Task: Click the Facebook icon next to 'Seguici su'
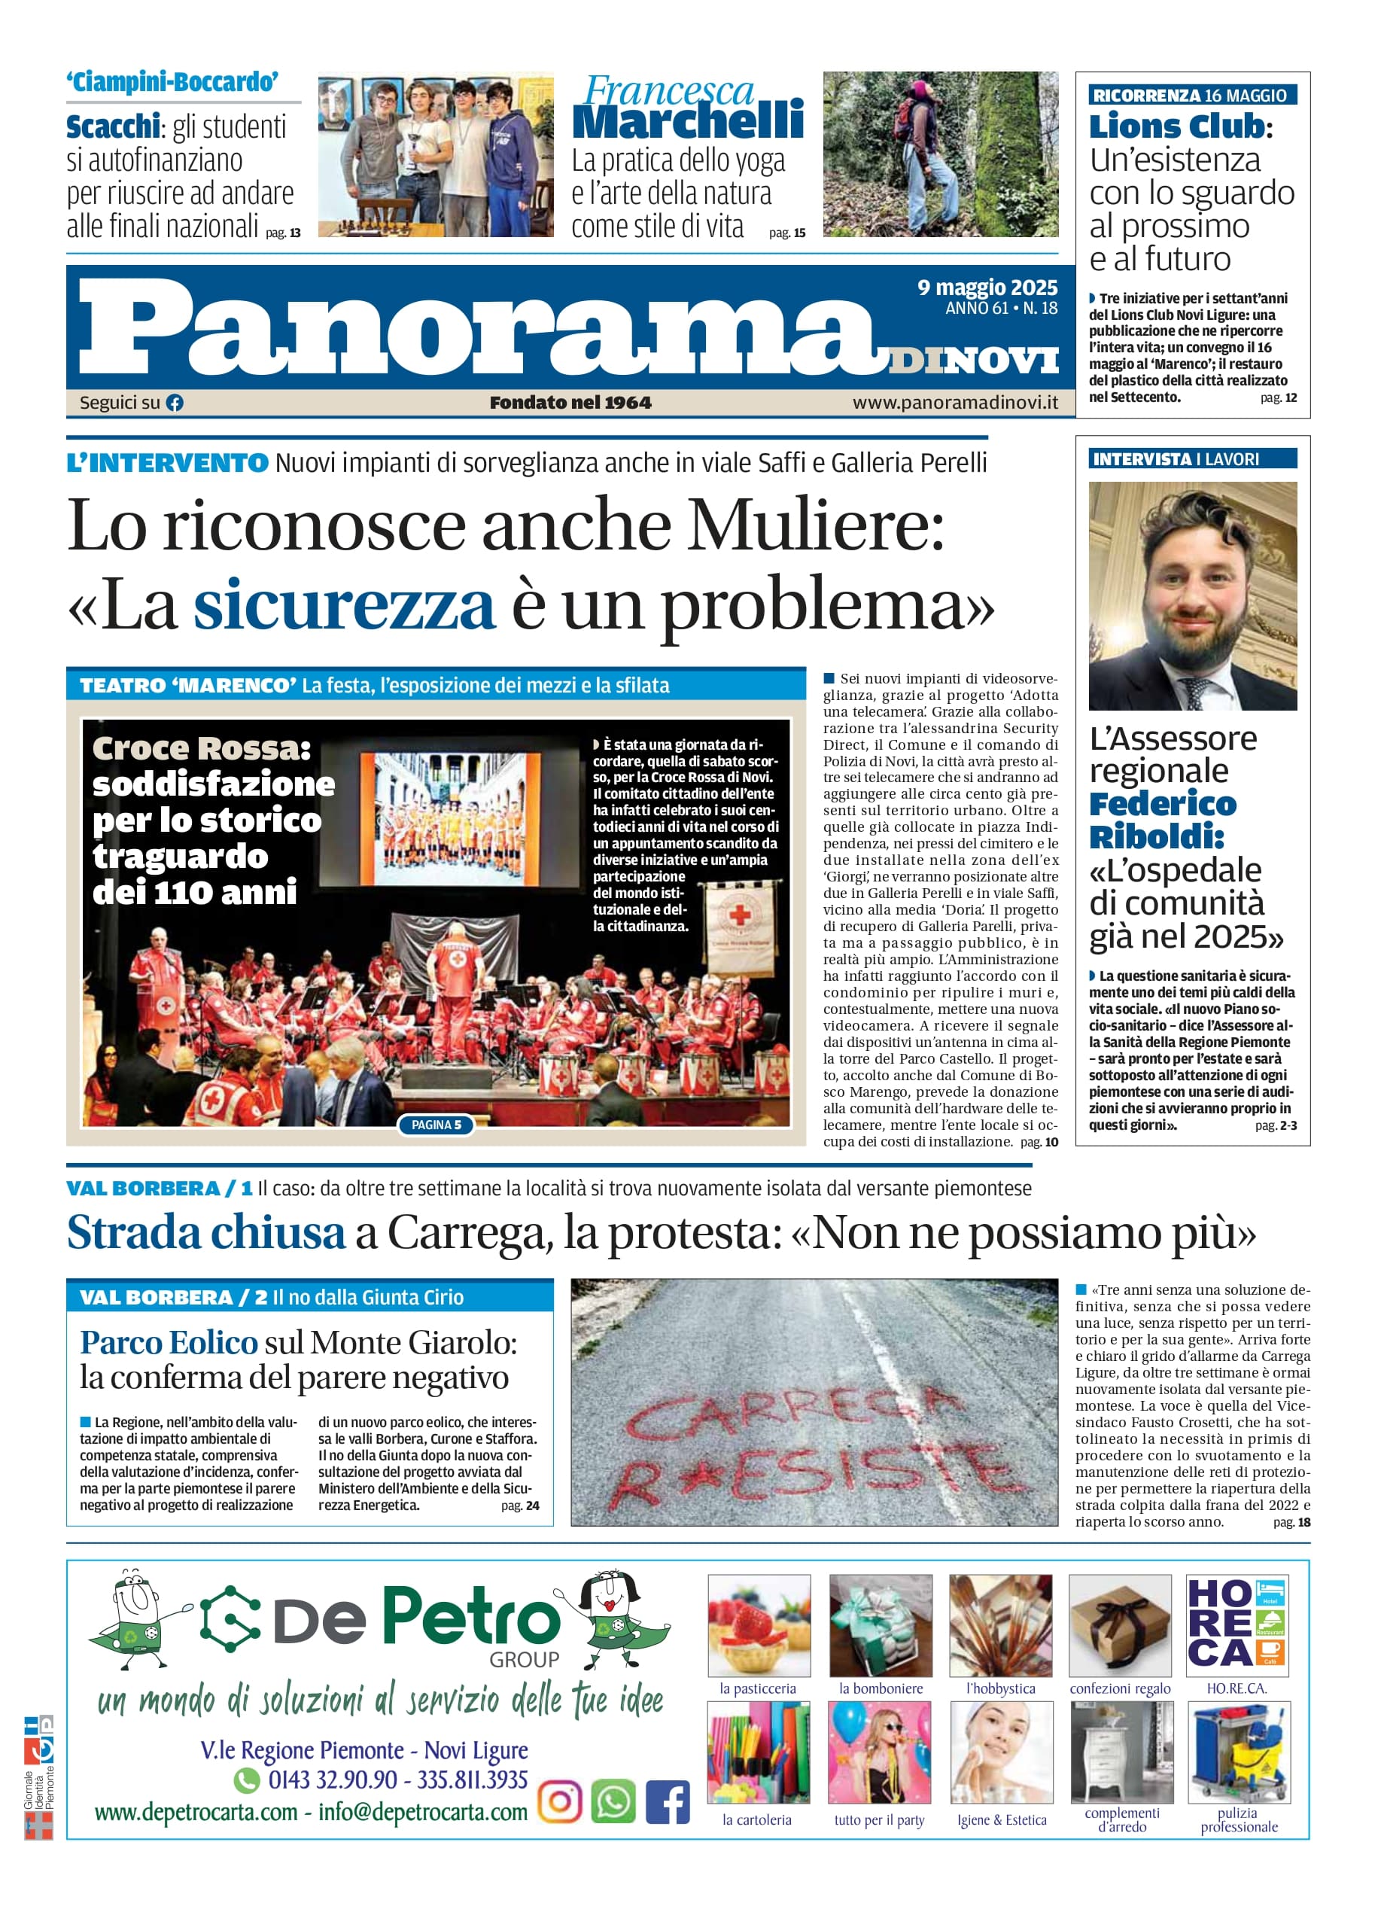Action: click(x=175, y=403)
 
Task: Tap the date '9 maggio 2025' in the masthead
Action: click(x=987, y=288)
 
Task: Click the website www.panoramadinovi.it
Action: click(x=955, y=403)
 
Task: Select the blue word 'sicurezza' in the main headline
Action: click(x=344, y=604)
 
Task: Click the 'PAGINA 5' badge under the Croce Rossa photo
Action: click(x=436, y=1125)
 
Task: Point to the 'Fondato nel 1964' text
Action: click(x=570, y=403)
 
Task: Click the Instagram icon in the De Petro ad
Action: click(x=560, y=1802)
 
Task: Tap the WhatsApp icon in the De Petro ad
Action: click(x=613, y=1802)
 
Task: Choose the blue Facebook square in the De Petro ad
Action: click(x=668, y=1802)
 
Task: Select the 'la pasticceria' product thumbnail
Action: click(x=759, y=1625)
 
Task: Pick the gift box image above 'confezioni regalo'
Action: click(x=1120, y=1625)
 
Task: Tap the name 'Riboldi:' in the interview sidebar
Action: click(x=1156, y=837)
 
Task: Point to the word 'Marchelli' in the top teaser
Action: click(x=688, y=120)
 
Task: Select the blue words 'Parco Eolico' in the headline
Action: click(x=169, y=1343)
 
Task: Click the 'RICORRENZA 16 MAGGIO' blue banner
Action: click(x=1192, y=96)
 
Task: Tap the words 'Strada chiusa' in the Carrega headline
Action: click(x=205, y=1233)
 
